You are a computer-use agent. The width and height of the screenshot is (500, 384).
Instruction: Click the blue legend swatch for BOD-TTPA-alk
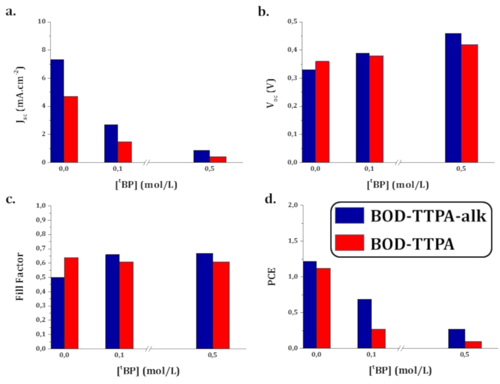tap(350, 215)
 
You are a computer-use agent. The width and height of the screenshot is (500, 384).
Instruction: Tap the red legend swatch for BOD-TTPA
tap(350, 243)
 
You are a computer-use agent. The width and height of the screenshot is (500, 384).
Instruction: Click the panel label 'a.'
tap(11, 11)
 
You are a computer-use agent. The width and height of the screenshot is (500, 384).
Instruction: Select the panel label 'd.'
tap(264, 200)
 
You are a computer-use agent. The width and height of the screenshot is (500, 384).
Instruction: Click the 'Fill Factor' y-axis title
tap(20, 276)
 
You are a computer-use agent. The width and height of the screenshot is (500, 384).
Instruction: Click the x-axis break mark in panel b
tap(398, 162)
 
